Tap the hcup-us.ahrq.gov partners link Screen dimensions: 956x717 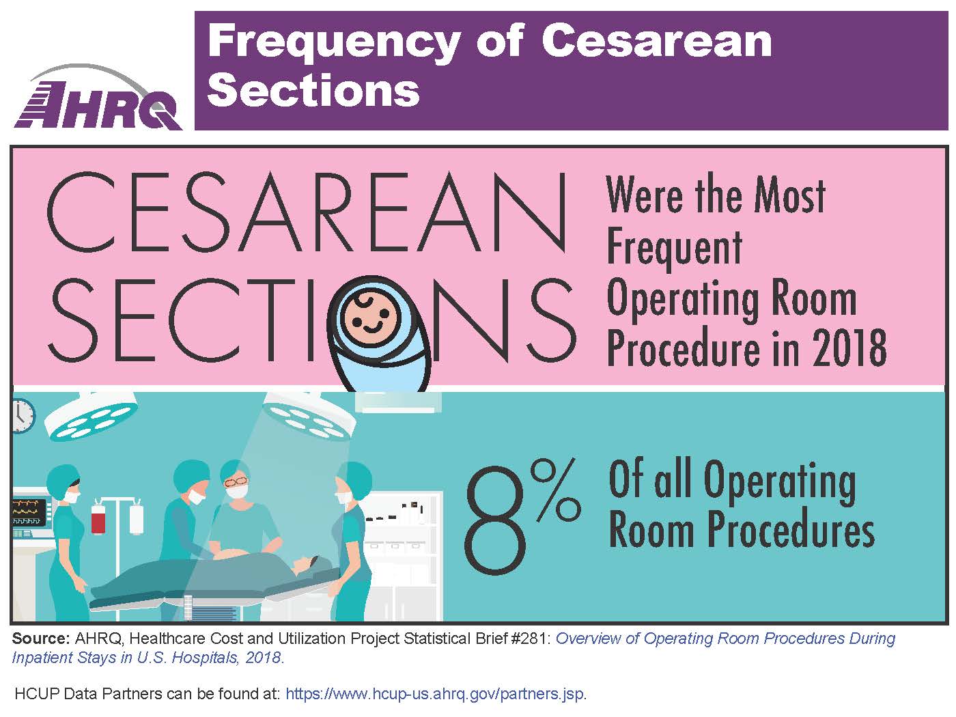pos(435,694)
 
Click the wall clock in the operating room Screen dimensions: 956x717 pos(22,416)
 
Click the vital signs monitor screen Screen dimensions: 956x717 pos(29,513)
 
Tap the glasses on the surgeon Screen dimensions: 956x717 pos(236,482)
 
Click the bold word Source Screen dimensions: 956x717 pos(40,638)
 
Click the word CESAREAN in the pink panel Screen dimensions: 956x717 pos(307,213)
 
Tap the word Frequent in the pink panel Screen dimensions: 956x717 pos(674,248)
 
